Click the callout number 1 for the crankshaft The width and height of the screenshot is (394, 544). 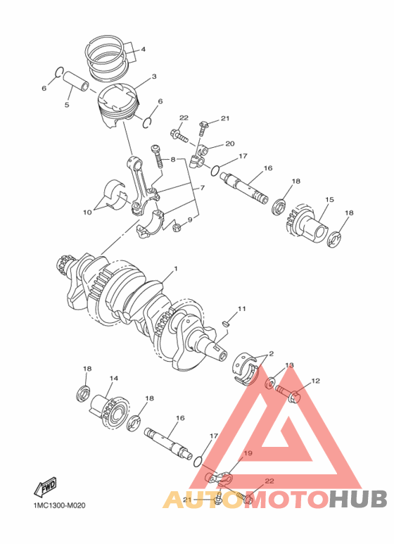point(175,269)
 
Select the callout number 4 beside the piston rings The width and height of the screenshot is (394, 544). point(143,49)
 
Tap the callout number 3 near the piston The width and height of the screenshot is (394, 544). point(154,77)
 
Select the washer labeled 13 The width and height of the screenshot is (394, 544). point(271,384)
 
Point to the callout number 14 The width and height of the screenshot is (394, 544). point(113,378)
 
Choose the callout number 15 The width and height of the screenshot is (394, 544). point(328,200)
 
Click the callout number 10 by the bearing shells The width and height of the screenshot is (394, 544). point(88,210)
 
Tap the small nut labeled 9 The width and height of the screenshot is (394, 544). point(177,227)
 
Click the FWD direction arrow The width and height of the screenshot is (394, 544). point(46,486)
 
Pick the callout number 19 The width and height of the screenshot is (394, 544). point(247,454)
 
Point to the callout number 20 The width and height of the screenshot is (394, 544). point(229,144)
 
